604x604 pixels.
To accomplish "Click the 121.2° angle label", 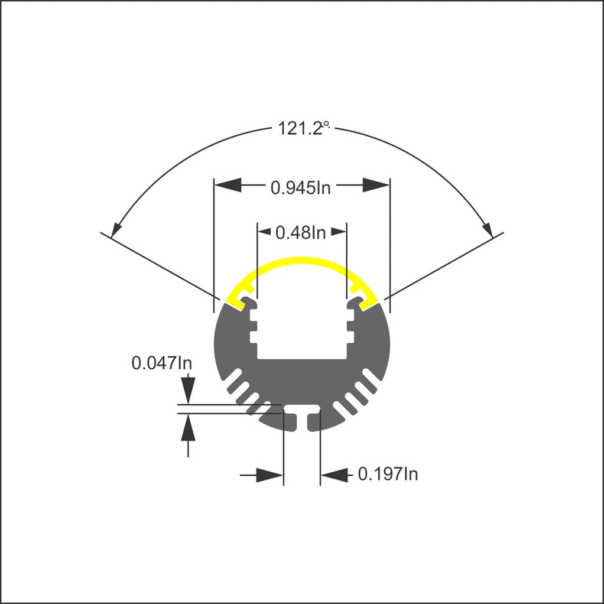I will pyautogui.click(x=302, y=128).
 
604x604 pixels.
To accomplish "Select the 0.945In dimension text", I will pyautogui.click(x=300, y=187).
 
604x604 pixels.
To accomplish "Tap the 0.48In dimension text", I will pyautogui.click(x=300, y=233).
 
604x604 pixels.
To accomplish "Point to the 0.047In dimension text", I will pyautogui.click(x=161, y=363).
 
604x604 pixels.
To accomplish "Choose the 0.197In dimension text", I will pyautogui.click(x=388, y=474).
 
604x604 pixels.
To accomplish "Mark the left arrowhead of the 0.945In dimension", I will pyautogui.click(x=228, y=186).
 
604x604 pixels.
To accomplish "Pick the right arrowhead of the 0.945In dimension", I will pyautogui.click(x=375, y=186).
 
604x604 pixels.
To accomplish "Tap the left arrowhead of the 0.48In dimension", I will pyautogui.click(x=264, y=232).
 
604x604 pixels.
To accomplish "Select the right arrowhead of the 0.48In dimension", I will pyautogui.click(x=339, y=232).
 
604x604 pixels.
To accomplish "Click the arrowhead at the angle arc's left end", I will pyautogui.click(x=117, y=228).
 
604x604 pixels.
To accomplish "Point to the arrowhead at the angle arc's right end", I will pyautogui.click(x=487, y=228).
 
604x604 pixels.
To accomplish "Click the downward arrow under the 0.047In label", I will pyautogui.click(x=188, y=391).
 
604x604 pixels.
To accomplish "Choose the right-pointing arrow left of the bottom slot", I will pyautogui.click(x=269, y=475).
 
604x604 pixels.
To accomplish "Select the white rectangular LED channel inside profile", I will pyautogui.click(x=301, y=331).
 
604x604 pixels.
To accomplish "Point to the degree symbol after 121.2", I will pyautogui.click(x=325, y=125).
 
